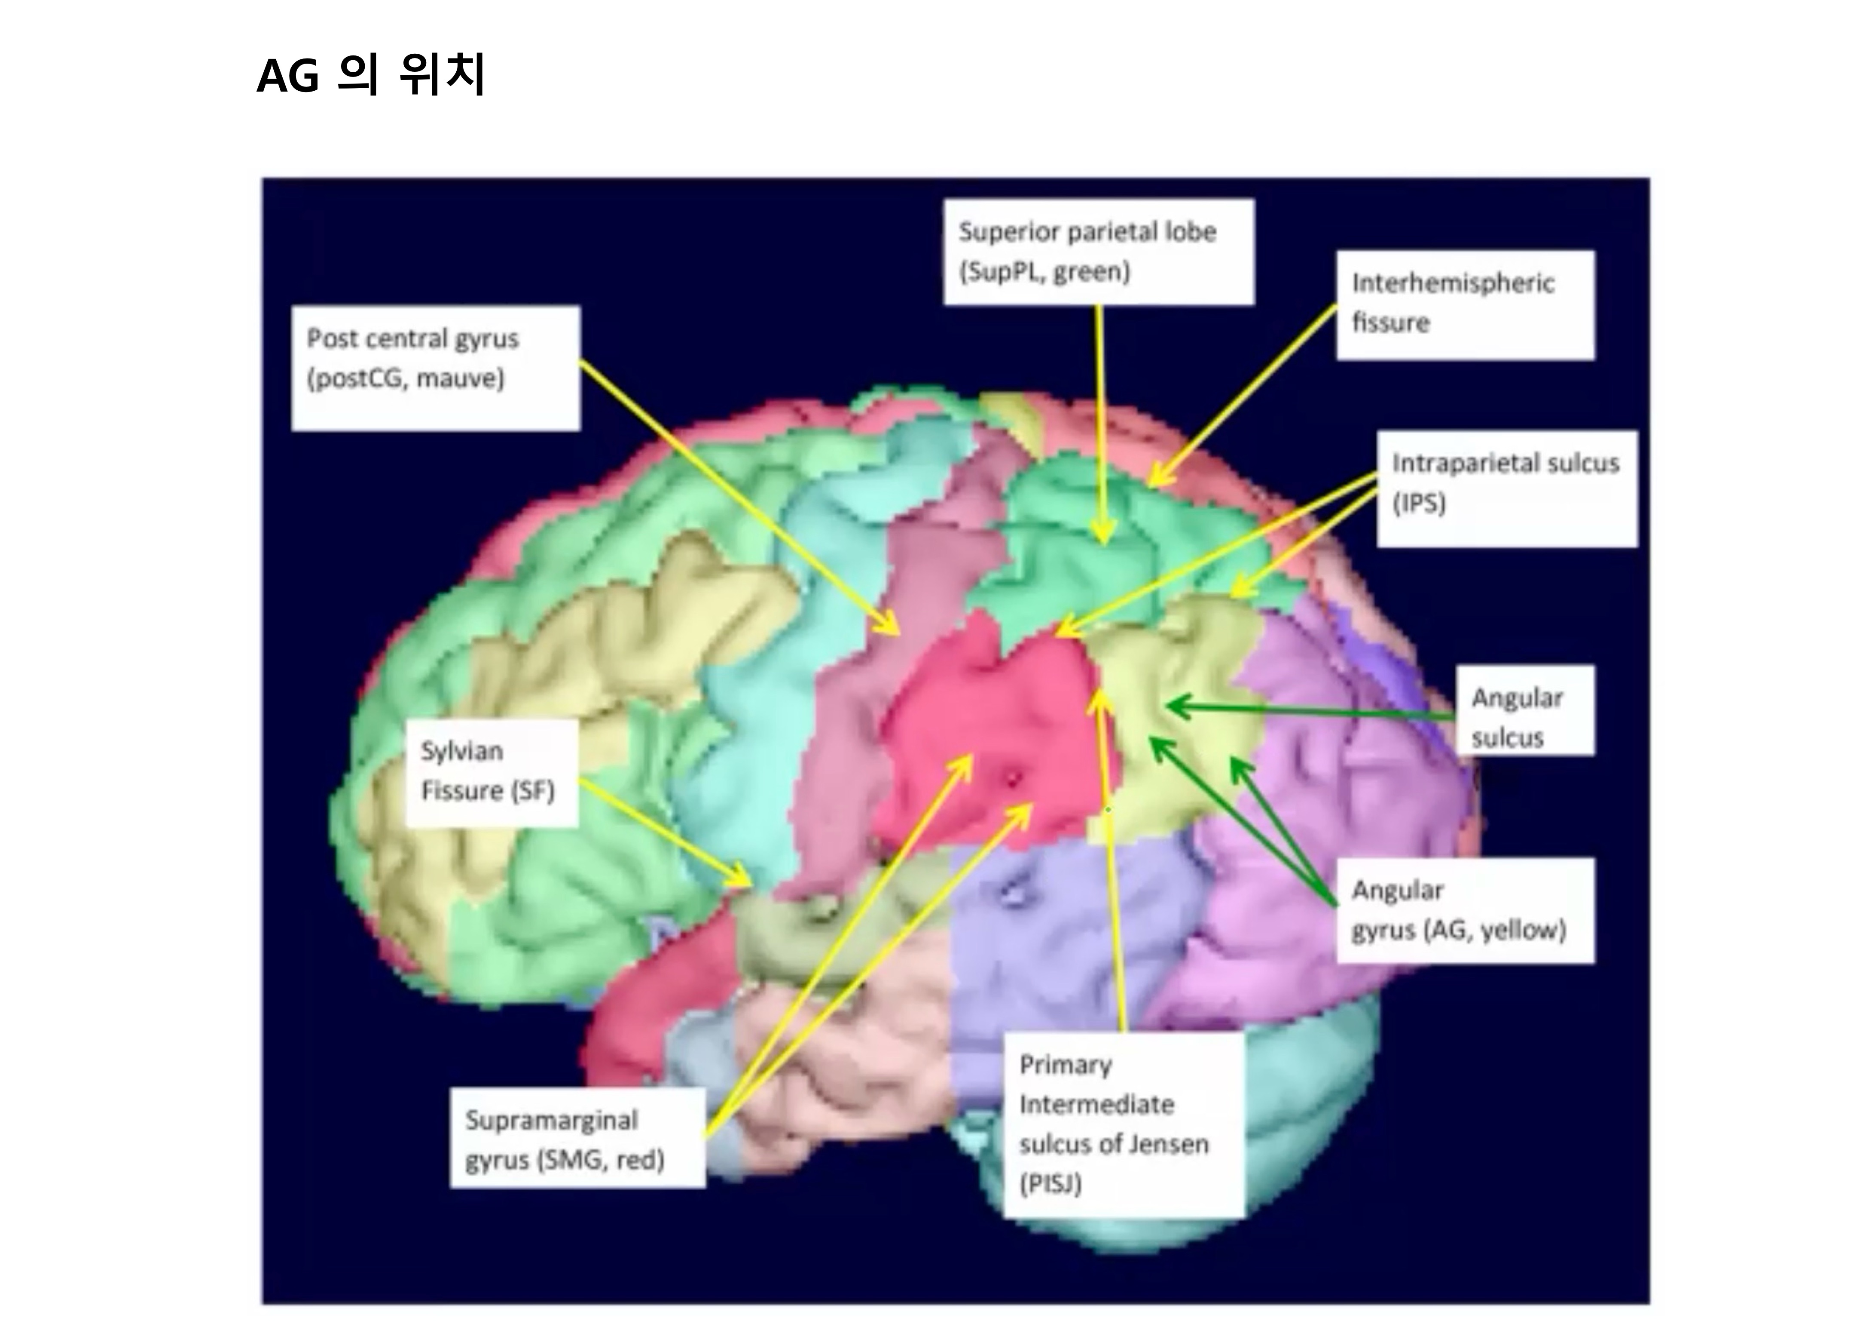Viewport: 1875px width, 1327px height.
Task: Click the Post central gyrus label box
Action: point(435,368)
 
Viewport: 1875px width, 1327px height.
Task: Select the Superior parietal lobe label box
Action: point(1098,252)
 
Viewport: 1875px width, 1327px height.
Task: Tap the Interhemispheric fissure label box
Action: point(1464,304)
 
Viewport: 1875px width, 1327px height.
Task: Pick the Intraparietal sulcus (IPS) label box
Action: point(1507,488)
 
